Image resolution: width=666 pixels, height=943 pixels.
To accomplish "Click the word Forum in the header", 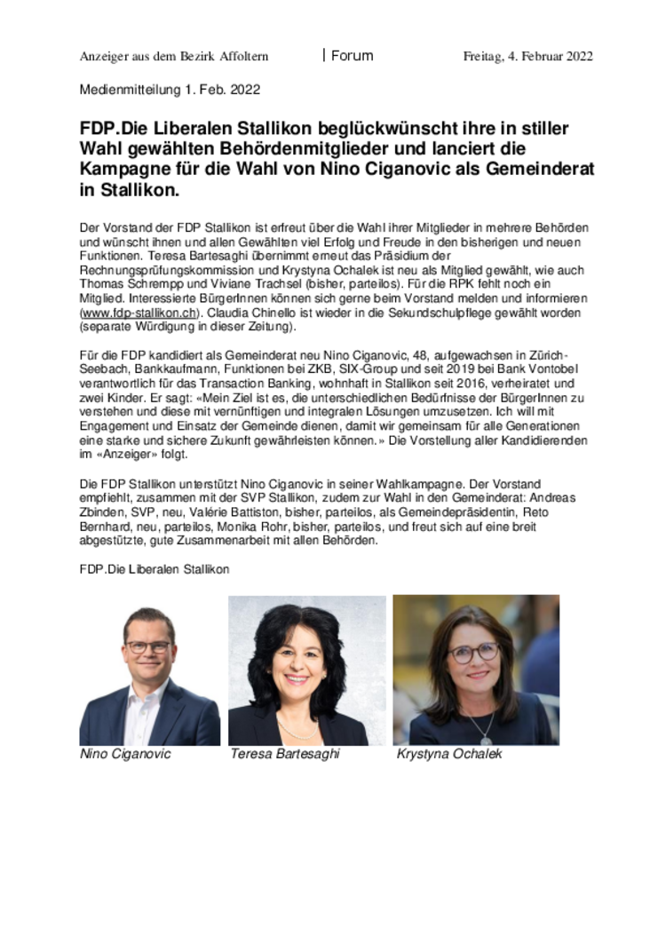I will point(353,56).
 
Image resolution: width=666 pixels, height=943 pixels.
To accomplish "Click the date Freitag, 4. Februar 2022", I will point(527,57).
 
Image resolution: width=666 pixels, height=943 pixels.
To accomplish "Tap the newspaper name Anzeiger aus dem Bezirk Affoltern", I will point(174,57).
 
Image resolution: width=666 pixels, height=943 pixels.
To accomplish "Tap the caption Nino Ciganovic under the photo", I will point(125,754).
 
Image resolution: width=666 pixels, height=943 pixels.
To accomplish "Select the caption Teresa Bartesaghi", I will point(284,754).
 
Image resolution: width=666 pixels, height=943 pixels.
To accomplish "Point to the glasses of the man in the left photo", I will point(147,646).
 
